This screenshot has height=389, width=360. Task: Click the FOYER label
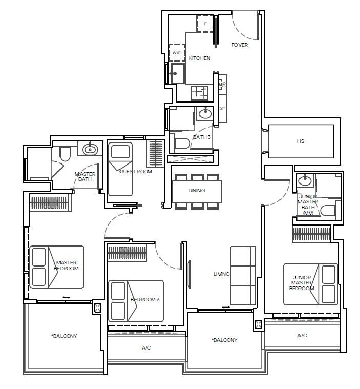coord(239,45)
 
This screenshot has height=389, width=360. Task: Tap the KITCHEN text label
coord(199,58)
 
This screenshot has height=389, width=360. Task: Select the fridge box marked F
coord(206,24)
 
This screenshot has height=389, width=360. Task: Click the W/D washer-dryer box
coord(177,53)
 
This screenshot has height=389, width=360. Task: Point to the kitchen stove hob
coord(200,93)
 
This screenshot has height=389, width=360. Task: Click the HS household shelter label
coord(301,141)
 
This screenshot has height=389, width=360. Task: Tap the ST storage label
coord(223,109)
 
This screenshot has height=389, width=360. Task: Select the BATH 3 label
coord(202,137)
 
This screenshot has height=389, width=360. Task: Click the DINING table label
coord(196,191)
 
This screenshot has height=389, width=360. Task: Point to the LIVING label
coord(222,274)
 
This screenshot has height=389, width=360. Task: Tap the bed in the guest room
coord(120,169)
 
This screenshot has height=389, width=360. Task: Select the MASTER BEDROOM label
coord(67,265)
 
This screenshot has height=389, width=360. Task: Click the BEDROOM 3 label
coord(146,299)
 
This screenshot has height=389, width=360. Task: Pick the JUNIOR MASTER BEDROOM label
coord(302,283)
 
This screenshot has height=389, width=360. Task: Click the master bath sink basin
coord(90,149)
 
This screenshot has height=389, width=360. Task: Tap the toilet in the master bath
coord(65,153)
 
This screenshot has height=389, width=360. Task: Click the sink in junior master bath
coord(305,180)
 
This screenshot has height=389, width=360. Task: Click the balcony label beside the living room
coord(224,340)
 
